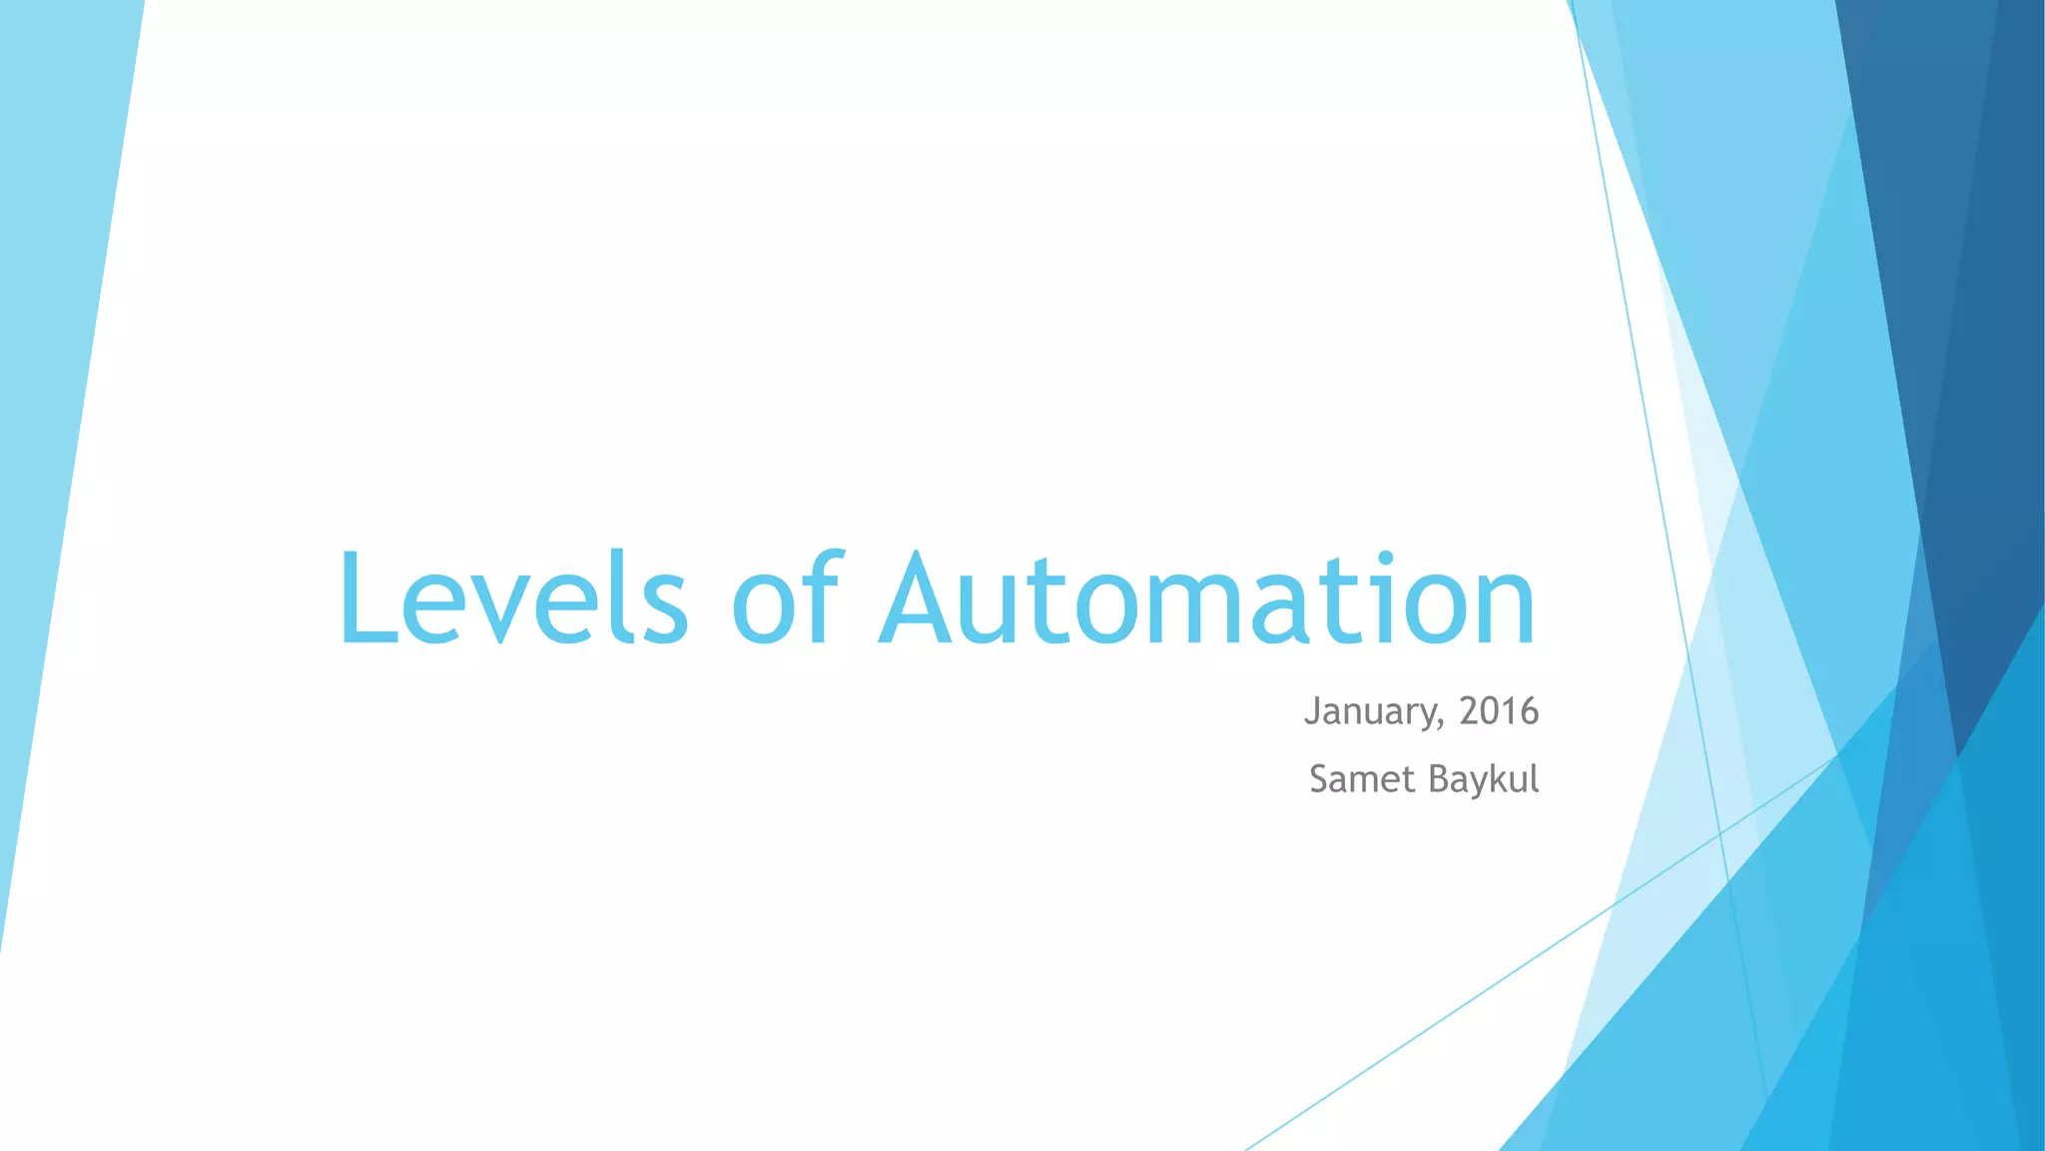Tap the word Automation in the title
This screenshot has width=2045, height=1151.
pos(1207,597)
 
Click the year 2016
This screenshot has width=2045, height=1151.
pos(1499,711)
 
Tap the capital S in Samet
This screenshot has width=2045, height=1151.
pos(1321,779)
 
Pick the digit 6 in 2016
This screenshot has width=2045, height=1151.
pos(1529,711)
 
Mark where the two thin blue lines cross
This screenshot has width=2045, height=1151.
pos(1719,832)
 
